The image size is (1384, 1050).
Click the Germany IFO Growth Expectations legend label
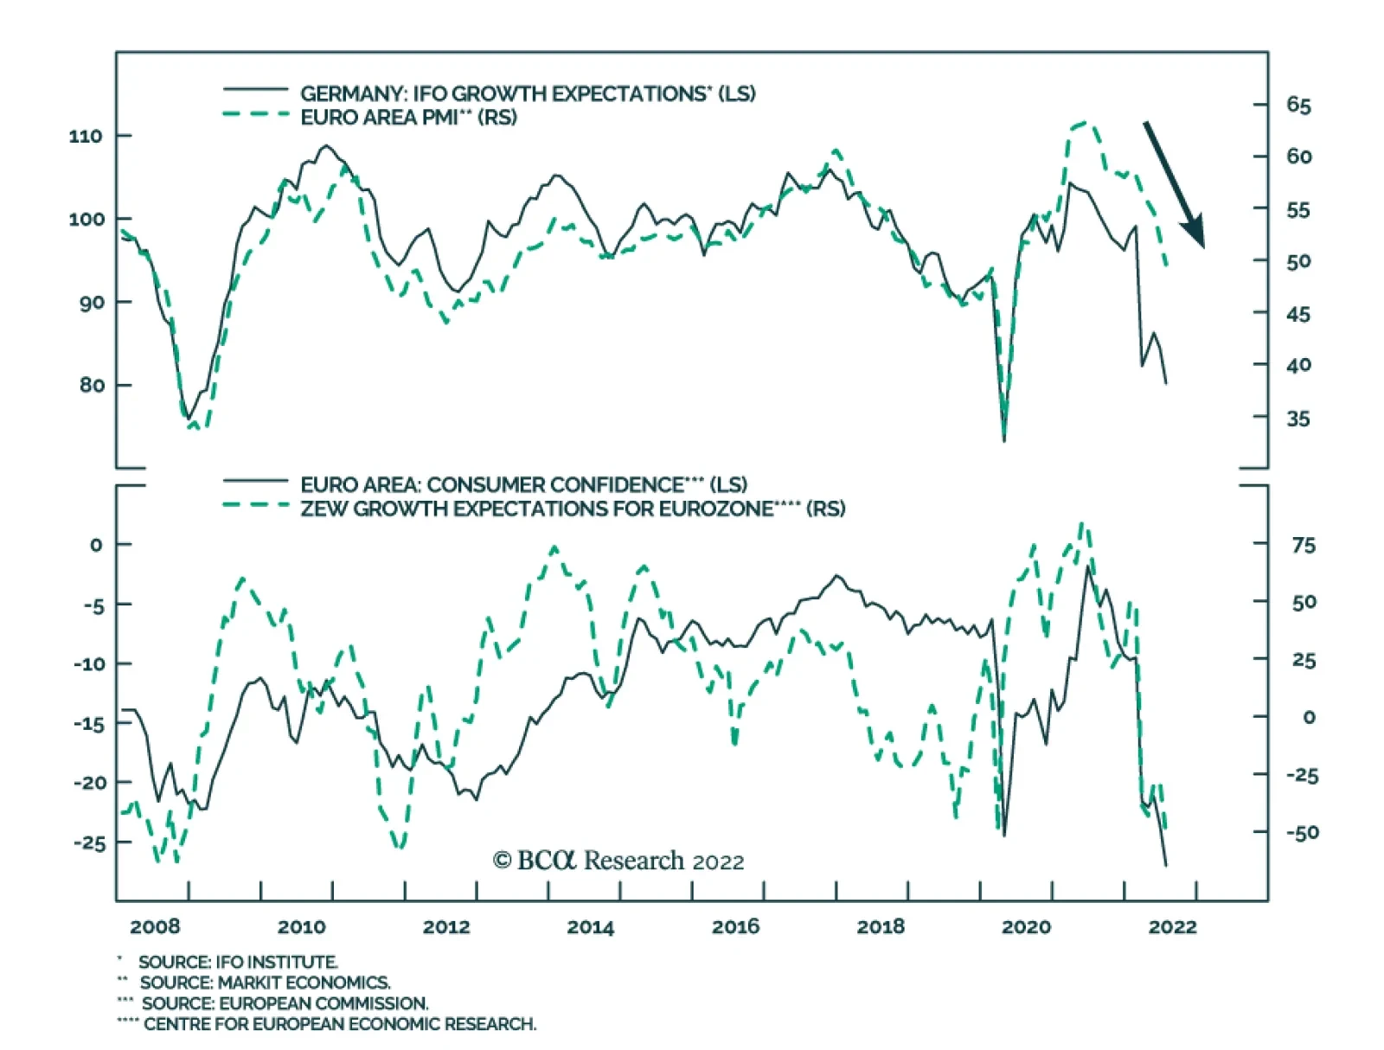tap(528, 93)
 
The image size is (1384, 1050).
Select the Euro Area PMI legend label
tap(408, 118)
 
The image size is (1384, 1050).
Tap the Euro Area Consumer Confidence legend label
tap(523, 484)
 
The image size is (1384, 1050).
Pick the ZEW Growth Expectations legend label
tap(573, 509)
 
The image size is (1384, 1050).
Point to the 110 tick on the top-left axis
tap(86, 136)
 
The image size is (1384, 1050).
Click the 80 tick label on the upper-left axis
tap(92, 385)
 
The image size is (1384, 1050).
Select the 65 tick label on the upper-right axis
tap(1298, 106)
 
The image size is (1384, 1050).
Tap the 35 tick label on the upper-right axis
tap(1298, 419)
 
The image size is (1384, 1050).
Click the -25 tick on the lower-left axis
tap(90, 842)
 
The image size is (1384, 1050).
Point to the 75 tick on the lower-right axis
tap(1304, 546)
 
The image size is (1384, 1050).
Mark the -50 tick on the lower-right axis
tap(1302, 833)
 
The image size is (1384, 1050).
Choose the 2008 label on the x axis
tap(155, 927)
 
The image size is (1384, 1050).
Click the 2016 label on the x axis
tap(735, 927)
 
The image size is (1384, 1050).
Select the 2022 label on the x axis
tap(1172, 927)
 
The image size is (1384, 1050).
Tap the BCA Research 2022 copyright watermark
tap(618, 861)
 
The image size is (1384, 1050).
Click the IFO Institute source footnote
tap(238, 962)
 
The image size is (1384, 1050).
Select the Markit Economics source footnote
tap(265, 983)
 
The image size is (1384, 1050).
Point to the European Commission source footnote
tap(285, 1003)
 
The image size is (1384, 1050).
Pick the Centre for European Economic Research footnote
tap(339, 1024)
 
